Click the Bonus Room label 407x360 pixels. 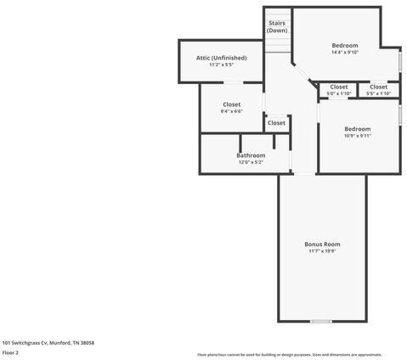(x=322, y=244)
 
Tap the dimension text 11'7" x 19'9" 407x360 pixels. (x=322, y=251)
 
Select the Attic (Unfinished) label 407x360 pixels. (x=221, y=58)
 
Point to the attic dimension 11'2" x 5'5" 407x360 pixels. (x=221, y=65)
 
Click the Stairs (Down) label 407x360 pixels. (x=277, y=26)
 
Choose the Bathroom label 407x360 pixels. (x=251, y=155)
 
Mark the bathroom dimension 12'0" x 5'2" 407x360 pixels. (x=251, y=162)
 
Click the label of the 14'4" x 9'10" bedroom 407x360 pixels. (x=344, y=45)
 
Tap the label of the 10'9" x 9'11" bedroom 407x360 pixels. (x=357, y=129)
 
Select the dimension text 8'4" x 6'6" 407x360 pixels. (x=232, y=111)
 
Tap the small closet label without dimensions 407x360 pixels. (x=276, y=123)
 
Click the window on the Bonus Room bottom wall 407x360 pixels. (x=320, y=321)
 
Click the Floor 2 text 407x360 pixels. (x=10, y=352)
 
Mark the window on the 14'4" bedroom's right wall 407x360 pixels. (x=401, y=62)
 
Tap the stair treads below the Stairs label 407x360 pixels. (x=277, y=43)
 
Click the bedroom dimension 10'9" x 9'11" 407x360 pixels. (x=357, y=136)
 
